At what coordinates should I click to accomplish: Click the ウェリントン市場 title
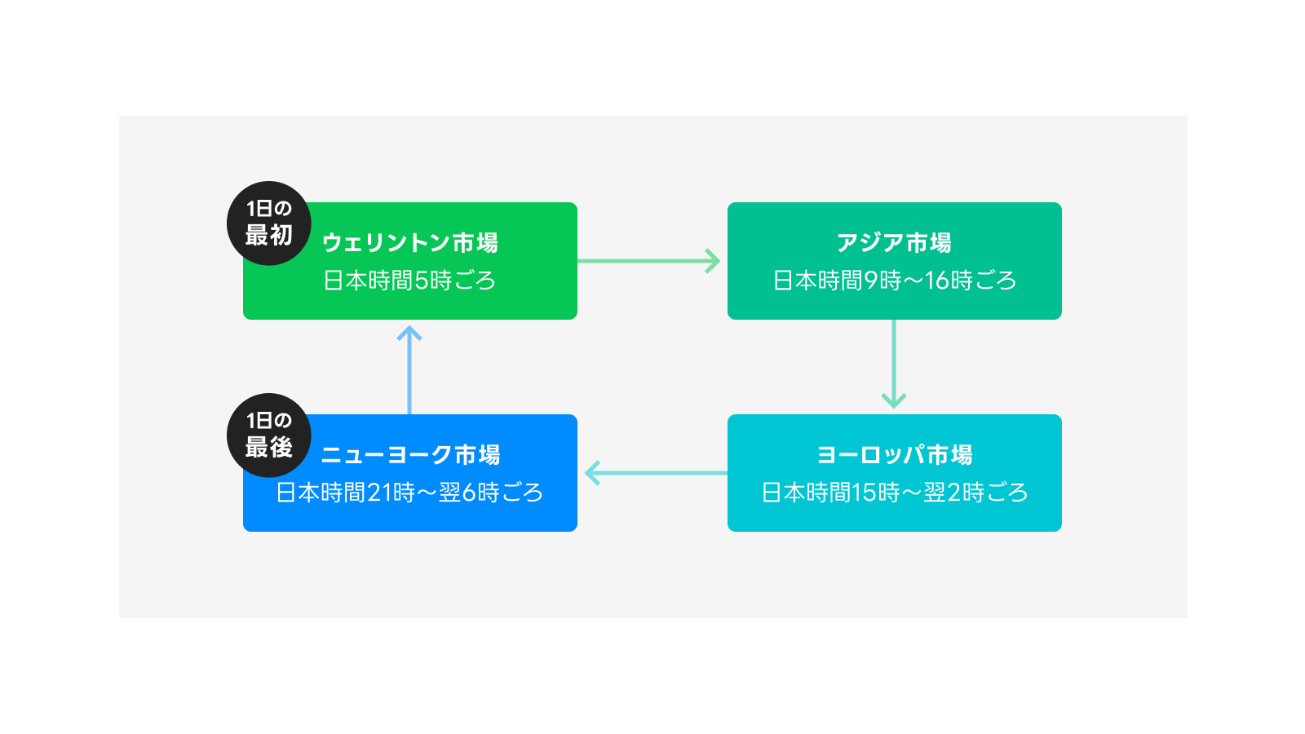tap(409, 243)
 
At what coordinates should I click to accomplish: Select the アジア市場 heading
tap(894, 243)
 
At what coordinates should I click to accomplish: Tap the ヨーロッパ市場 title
tap(894, 455)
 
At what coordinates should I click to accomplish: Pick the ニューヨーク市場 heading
tap(409, 455)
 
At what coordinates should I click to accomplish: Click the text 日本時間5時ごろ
tap(409, 281)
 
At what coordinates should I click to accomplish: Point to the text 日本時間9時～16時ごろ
tap(894, 281)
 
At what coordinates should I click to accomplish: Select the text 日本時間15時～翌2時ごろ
tap(894, 493)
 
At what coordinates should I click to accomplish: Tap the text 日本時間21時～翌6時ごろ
tap(409, 493)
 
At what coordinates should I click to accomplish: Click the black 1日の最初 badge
tap(268, 223)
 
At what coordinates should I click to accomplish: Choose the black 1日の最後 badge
tap(268, 435)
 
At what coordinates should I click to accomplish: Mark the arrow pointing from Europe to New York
tap(652, 473)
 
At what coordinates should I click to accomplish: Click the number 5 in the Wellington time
tap(422, 281)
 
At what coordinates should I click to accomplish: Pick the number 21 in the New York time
tap(379, 493)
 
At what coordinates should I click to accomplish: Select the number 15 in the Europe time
tap(864, 493)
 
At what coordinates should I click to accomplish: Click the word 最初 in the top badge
tap(268, 236)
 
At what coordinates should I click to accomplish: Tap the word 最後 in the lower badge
tap(268, 448)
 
